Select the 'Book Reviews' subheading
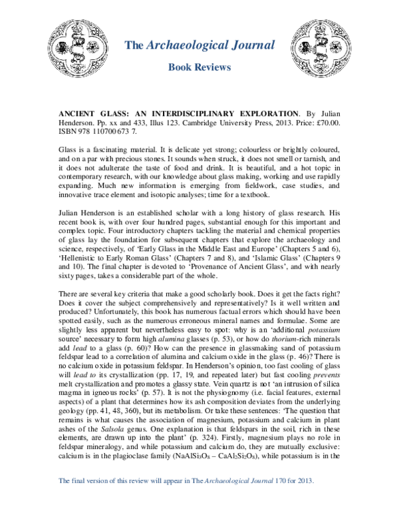pos(199,67)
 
